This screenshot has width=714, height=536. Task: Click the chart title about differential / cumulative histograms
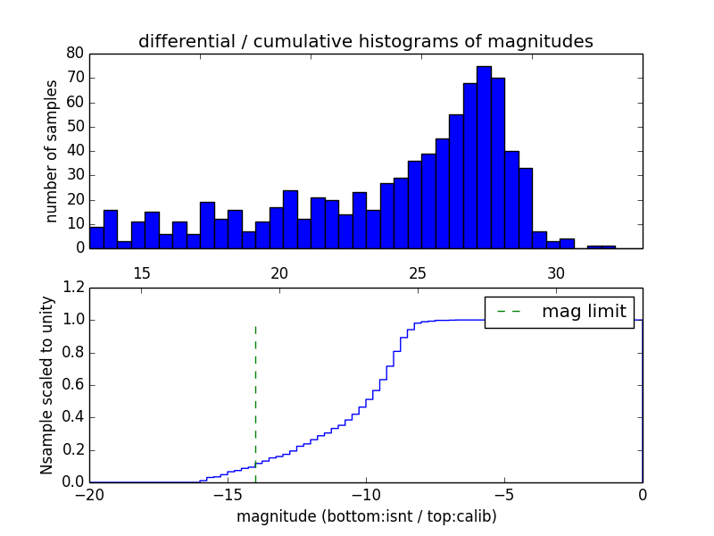(365, 41)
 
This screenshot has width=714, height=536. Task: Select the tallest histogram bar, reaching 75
(484, 156)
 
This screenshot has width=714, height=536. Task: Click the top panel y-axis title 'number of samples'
(52, 150)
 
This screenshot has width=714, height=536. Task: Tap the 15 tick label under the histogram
(141, 272)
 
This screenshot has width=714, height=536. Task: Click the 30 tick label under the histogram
(556, 272)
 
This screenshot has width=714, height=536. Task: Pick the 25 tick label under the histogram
(418, 272)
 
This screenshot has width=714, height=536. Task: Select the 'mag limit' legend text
(584, 311)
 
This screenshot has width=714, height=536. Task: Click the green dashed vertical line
(255, 393)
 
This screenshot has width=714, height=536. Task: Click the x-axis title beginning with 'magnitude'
(366, 516)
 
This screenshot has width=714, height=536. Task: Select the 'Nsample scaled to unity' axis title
(48, 385)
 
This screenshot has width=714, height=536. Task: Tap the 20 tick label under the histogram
(279, 272)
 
